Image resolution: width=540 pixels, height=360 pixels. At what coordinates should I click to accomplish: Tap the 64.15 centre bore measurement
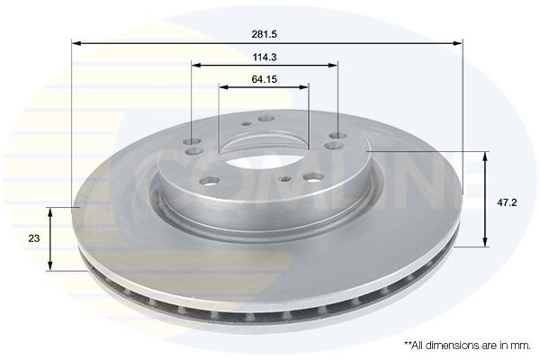[264, 78]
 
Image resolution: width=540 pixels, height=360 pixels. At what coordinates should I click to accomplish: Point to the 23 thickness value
[34, 238]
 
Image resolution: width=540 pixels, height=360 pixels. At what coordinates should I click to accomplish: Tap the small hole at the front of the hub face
[283, 180]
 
